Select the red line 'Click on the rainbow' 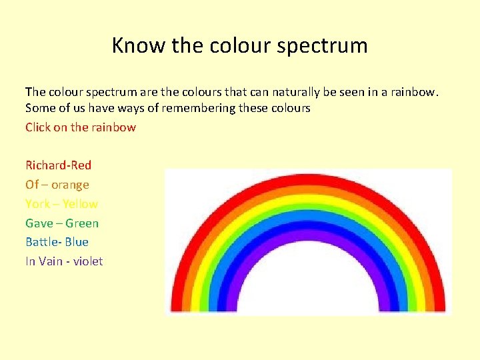pos(81,127)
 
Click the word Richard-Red pos(59,165)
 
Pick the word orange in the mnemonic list pos(70,185)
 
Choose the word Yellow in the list pos(80,204)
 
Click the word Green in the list pos(81,223)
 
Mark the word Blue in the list pos(77,242)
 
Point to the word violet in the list pos(88,261)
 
